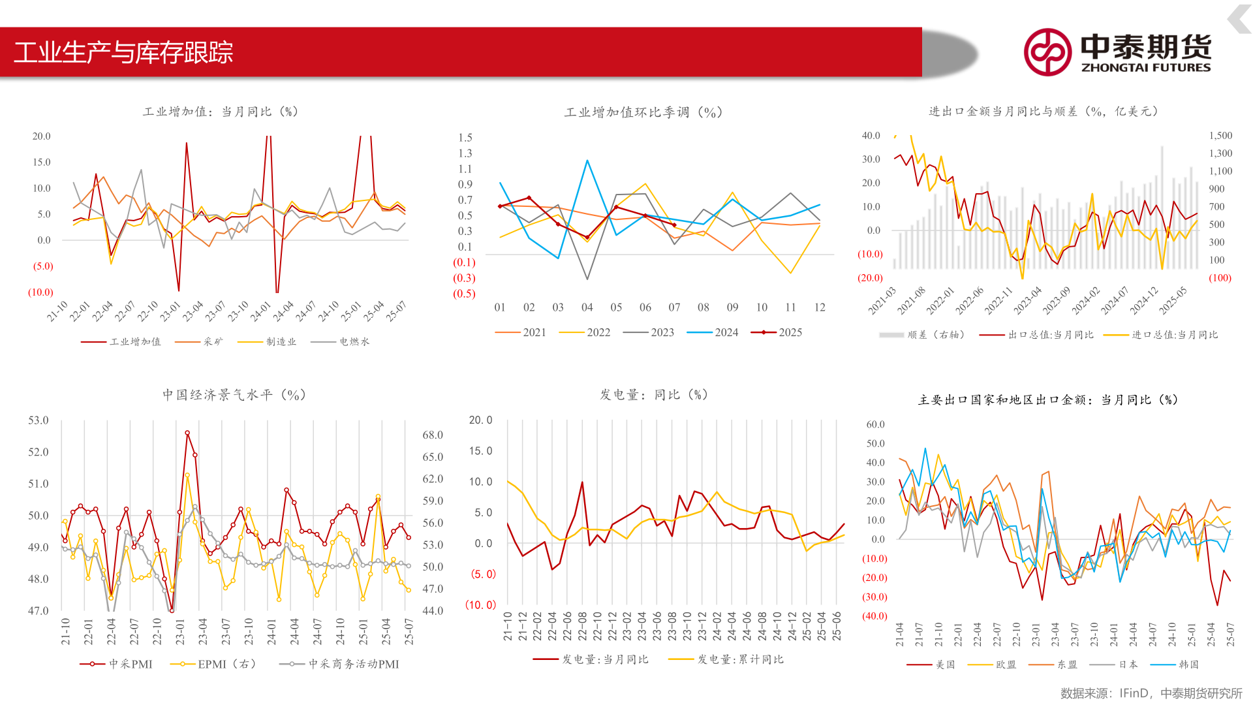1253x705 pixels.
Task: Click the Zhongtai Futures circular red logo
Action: [x=1047, y=52]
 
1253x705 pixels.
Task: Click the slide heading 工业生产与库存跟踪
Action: [x=123, y=52]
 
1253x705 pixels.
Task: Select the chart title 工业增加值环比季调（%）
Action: [x=643, y=112]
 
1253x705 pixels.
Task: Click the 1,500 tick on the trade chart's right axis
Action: [x=1220, y=136]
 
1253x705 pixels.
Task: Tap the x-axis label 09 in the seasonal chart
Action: [x=732, y=307]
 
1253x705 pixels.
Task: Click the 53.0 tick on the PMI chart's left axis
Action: [x=39, y=420]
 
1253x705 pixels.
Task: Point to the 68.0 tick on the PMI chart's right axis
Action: [x=433, y=435]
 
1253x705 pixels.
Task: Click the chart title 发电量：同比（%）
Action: [x=654, y=395]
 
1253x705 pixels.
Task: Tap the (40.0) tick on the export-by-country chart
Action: [x=874, y=616]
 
